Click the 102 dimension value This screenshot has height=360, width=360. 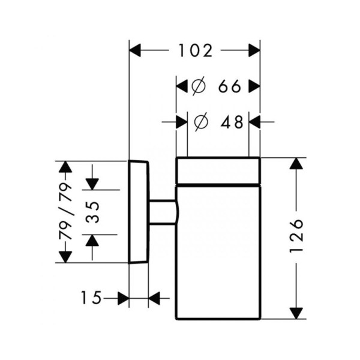(196, 50)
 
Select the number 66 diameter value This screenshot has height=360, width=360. (229, 86)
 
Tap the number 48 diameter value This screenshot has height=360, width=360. (232, 122)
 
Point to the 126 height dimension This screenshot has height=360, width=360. (296, 236)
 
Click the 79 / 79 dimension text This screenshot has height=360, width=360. (65, 211)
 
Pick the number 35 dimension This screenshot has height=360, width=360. (92, 212)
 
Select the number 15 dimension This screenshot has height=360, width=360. (91, 298)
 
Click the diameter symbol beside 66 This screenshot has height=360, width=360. (199, 86)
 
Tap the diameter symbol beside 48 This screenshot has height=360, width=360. (201, 122)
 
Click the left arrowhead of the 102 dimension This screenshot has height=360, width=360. (135, 50)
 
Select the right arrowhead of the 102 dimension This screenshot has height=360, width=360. (254, 50)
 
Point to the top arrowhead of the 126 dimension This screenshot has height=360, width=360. (296, 163)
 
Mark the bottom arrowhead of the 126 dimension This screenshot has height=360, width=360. (296, 313)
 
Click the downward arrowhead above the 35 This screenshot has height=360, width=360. (92, 184)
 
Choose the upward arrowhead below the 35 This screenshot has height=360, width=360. (92, 241)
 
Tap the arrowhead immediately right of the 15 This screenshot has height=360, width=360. (123, 298)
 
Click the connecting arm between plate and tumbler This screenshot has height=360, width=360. (163, 212)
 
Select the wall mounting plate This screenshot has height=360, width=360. (139, 211)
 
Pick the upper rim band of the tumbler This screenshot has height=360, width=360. (218, 170)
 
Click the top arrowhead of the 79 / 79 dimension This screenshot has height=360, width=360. (65, 167)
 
